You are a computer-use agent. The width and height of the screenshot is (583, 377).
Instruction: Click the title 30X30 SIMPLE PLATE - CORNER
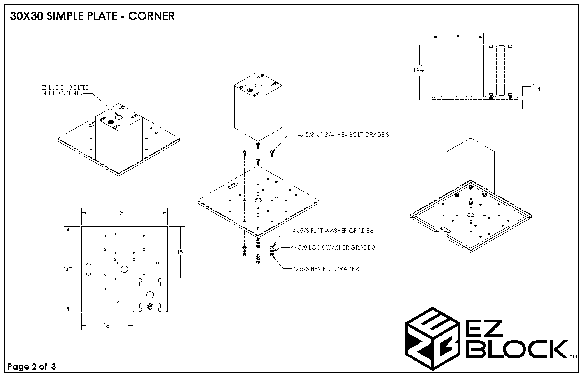(x=92, y=16)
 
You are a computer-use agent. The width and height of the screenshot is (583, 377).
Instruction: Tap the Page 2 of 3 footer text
(x=32, y=366)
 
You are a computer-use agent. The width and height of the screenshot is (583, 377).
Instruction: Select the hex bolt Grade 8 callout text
(x=343, y=135)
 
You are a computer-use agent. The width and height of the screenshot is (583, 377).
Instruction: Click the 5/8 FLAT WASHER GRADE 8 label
(x=333, y=231)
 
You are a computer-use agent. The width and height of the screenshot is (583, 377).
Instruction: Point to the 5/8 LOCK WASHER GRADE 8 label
(x=333, y=247)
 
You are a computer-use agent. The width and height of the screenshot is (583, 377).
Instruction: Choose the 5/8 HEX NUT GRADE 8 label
(x=325, y=269)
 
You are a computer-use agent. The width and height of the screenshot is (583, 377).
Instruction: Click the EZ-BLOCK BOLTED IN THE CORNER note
(x=65, y=90)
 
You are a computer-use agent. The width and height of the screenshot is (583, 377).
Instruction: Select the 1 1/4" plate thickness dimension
(x=538, y=86)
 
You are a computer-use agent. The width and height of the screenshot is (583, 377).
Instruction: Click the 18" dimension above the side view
(x=458, y=37)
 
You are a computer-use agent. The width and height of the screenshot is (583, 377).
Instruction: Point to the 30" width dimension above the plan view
(x=124, y=213)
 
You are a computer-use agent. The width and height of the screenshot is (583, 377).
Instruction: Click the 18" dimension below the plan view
(x=108, y=326)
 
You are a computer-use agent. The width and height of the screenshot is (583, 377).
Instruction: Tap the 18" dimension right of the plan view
(x=181, y=252)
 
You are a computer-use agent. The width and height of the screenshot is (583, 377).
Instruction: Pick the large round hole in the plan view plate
(x=124, y=269)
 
